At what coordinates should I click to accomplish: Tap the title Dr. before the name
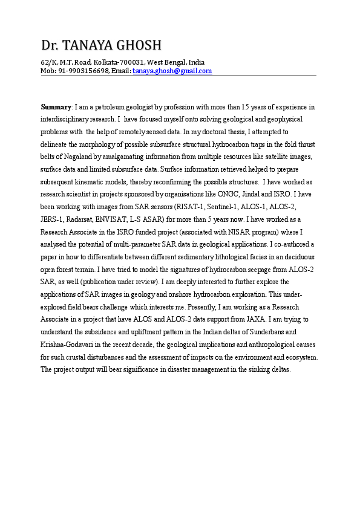tap(50, 45)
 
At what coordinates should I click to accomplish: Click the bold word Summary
tap(56, 107)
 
